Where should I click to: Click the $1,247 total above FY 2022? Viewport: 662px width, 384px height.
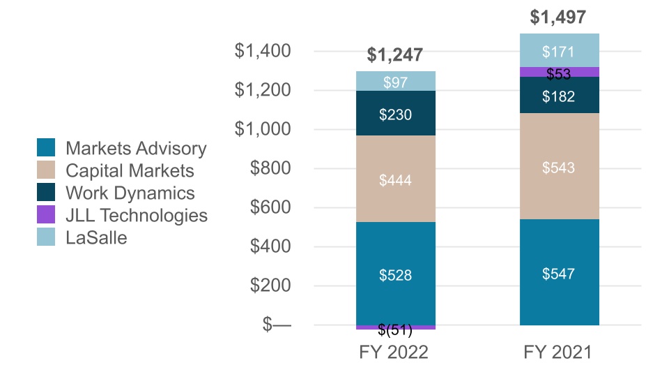395,55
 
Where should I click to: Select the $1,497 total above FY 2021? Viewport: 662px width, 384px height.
559,17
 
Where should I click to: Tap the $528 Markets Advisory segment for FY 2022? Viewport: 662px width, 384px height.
395,275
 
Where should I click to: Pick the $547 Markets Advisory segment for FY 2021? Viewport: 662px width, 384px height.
559,274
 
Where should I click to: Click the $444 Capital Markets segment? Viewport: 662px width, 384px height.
395,180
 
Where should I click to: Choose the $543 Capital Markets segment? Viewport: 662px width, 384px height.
559,168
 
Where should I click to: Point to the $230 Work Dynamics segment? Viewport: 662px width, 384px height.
395,114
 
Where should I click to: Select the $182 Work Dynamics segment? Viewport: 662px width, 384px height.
559,96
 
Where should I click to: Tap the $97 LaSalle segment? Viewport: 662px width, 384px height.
395,82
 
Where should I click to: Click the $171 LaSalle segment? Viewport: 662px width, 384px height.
559,51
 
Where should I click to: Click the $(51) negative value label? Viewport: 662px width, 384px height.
395,330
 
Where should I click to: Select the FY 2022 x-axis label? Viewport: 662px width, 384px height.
394,353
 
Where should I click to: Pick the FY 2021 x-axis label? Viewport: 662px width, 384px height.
557,353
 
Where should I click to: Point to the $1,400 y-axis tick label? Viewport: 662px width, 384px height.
263,51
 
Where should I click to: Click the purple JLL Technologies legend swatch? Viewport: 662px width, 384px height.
46,215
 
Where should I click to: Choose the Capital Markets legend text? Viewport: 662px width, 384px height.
130,170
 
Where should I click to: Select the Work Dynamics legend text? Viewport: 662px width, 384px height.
130,193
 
